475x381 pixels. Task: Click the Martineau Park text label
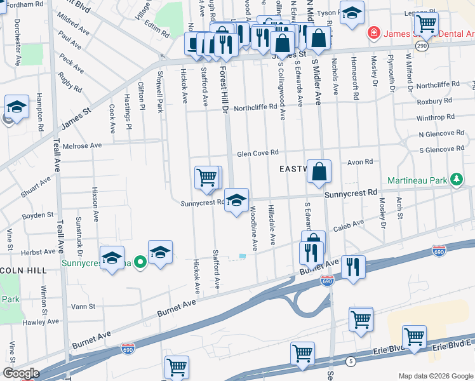pyautogui.click(x=415, y=181)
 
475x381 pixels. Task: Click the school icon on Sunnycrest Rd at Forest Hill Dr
pyautogui.click(x=236, y=200)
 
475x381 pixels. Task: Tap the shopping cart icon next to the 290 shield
pyautogui.click(x=426, y=25)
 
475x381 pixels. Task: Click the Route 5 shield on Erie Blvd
pyautogui.click(x=350, y=361)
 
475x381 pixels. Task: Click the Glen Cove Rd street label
pyautogui.click(x=258, y=153)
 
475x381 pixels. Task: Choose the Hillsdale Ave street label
pyautogui.click(x=272, y=225)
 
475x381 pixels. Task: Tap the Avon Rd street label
pyautogui.click(x=359, y=162)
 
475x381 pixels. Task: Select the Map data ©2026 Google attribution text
pyautogui.click(x=435, y=376)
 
